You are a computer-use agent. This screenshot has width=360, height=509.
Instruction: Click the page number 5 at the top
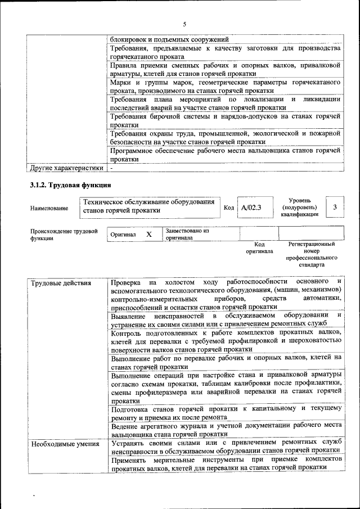184,24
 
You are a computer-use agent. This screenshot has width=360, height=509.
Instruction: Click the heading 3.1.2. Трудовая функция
70,185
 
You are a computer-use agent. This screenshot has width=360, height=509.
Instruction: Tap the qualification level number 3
335,207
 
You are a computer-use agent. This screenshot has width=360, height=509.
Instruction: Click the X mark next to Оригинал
149,234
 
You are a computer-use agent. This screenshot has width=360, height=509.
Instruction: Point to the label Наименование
49,208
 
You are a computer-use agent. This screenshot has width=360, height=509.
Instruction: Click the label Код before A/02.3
228,208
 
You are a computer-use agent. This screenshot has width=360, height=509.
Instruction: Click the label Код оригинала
259,248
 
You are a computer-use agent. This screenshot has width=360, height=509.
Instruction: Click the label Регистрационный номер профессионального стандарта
312,254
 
